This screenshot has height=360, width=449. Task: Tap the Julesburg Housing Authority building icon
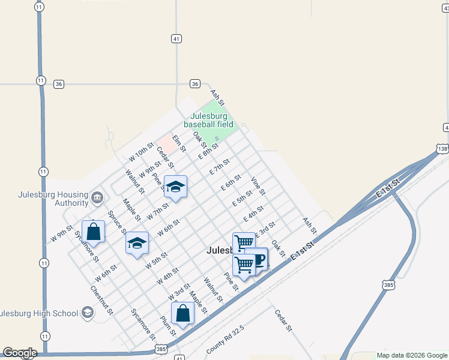coord(97,197)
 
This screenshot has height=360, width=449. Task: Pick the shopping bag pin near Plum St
coord(182,313)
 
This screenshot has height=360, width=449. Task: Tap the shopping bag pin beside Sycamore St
coord(93,231)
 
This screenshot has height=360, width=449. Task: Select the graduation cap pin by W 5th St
coord(137,243)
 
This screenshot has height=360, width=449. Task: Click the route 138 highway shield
coord(442,148)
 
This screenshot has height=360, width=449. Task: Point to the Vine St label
coord(258,186)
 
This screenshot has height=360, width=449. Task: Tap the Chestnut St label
coord(101,299)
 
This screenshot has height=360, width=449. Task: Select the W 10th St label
coord(142,151)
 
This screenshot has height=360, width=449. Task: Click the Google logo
coord(20,353)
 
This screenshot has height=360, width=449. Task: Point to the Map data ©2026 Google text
coord(411,355)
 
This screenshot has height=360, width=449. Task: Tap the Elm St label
coord(179,143)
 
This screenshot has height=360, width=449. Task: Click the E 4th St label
coord(253,213)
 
